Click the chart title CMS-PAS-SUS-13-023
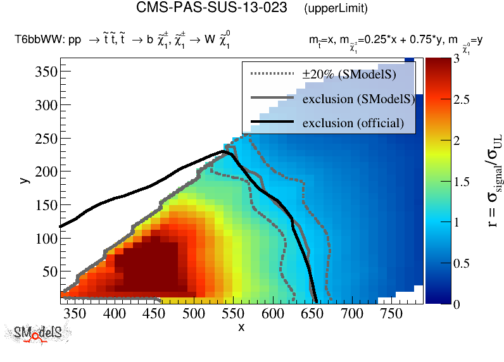pyautogui.click(x=212, y=8)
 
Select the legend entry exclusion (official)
pyautogui.click(x=353, y=122)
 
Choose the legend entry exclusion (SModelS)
pyautogui.click(x=358, y=99)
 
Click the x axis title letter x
pyautogui.click(x=241, y=327)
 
